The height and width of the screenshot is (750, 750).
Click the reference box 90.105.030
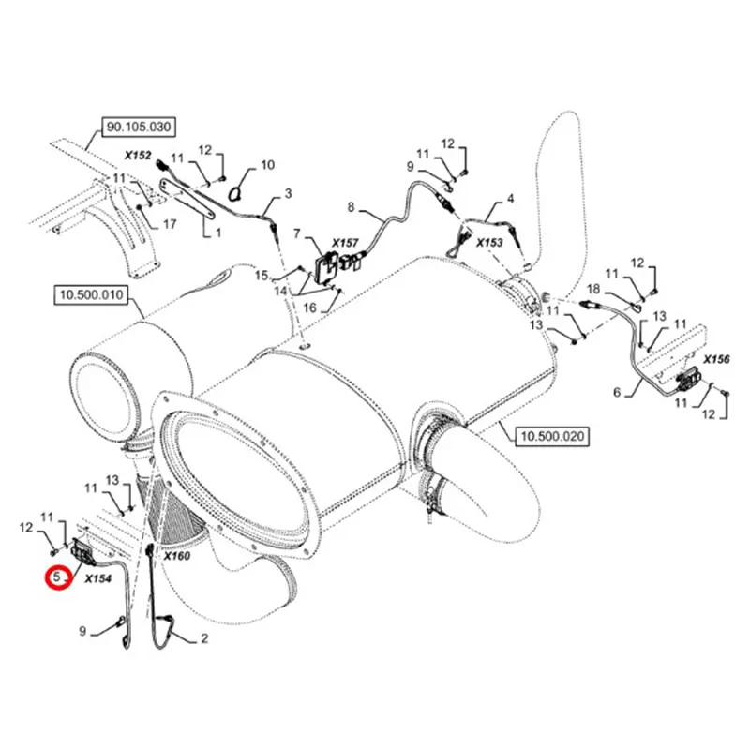click(x=139, y=126)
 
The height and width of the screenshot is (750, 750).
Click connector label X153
click(x=489, y=242)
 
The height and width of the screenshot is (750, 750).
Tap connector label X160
click(x=176, y=556)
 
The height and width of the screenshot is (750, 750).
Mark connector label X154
click(x=97, y=579)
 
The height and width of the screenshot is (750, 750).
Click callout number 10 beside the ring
click(x=267, y=165)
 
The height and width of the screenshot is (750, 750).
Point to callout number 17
click(x=170, y=224)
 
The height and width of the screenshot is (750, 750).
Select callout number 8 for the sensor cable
click(x=352, y=206)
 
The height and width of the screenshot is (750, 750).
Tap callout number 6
click(x=617, y=393)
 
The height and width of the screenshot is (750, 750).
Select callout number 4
click(x=511, y=198)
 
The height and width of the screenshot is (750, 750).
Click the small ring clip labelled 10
click(x=237, y=191)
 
